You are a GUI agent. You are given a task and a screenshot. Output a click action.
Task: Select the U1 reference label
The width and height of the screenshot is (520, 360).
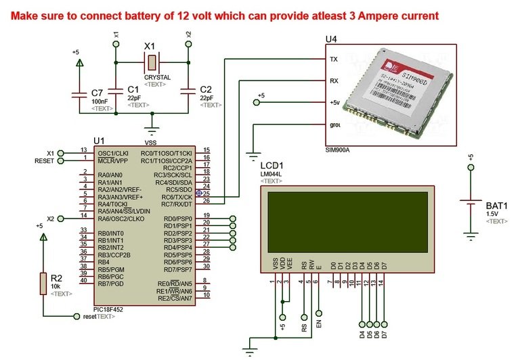[x=100, y=140]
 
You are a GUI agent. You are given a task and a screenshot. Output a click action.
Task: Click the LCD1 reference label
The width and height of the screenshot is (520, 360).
[x=272, y=165]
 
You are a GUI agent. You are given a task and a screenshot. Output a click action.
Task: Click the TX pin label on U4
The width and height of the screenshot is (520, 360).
[x=333, y=60]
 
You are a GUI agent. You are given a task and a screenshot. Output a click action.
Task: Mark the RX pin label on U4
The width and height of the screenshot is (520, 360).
[x=333, y=81]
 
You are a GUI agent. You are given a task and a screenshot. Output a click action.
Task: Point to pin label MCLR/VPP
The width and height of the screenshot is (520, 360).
[x=114, y=160]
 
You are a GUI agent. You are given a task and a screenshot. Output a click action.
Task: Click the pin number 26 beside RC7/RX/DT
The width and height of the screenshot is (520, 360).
[x=206, y=200]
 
